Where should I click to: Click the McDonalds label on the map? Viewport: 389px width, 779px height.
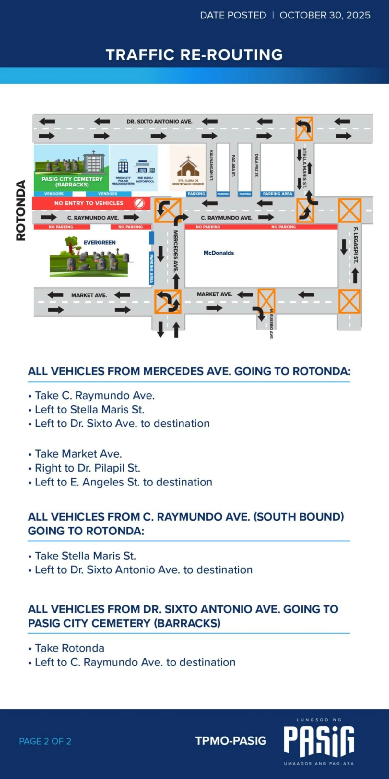point(218,253)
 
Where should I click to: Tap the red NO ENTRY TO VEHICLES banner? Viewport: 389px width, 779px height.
point(89,203)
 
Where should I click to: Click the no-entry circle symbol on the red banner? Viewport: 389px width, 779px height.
point(139,203)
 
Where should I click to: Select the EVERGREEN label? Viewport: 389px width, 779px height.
point(100,243)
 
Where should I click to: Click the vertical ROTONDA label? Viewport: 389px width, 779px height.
point(21,210)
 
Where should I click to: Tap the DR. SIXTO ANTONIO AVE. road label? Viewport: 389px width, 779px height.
point(159,122)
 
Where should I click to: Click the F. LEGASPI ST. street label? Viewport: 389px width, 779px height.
point(355,245)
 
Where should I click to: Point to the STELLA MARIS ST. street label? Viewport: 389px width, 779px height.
point(304,168)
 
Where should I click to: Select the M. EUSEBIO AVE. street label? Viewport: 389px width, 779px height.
point(271,324)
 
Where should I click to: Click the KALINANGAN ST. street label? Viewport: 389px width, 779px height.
point(211,165)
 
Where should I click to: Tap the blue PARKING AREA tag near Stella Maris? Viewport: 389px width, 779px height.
point(277,194)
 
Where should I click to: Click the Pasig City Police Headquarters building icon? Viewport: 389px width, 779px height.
point(123,167)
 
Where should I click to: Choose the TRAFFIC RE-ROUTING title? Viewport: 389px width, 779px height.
point(194,55)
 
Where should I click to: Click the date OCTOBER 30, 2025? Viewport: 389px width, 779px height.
point(325,15)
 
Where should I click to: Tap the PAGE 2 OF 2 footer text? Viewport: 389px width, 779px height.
point(45,741)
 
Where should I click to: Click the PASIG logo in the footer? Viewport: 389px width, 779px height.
point(319,741)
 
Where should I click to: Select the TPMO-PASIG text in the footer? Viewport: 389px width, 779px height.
point(230,741)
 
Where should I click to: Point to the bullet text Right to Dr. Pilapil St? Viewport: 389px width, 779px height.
point(88,468)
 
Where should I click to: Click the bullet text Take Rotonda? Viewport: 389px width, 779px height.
point(69,648)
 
